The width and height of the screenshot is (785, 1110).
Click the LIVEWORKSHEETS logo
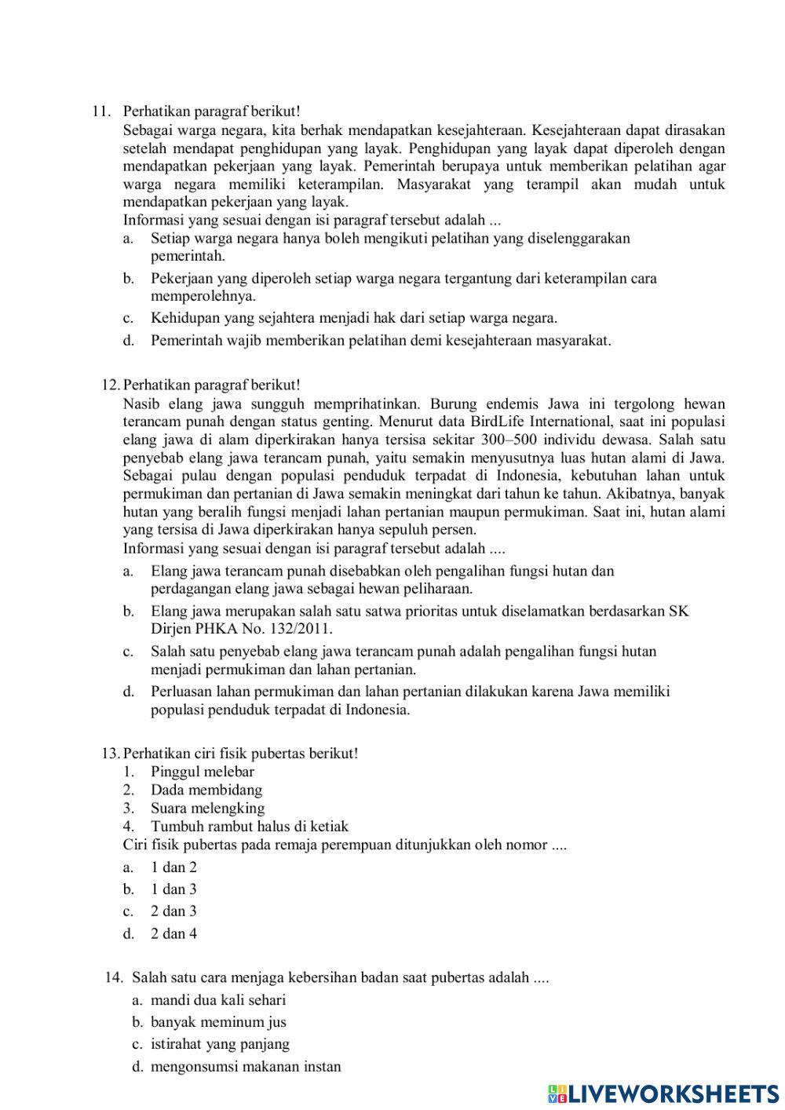(x=663, y=1093)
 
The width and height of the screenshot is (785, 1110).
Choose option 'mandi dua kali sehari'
(x=218, y=1000)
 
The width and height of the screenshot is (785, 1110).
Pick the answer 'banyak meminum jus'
(x=218, y=1022)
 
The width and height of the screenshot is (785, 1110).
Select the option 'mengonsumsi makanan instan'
(x=246, y=1066)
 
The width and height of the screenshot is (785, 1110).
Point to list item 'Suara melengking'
(x=207, y=808)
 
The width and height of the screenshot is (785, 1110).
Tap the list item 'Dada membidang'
(x=206, y=790)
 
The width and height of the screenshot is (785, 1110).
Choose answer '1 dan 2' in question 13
(x=173, y=867)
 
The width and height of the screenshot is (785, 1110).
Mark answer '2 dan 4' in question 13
(x=173, y=933)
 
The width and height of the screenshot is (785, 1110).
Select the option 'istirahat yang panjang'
(x=220, y=1044)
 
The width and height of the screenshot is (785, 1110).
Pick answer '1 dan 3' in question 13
(x=173, y=889)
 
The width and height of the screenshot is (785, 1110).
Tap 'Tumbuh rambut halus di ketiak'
(x=250, y=826)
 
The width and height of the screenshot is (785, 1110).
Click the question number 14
(x=115, y=978)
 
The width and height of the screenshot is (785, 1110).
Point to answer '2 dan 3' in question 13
(x=173, y=911)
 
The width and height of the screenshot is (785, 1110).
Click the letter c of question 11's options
(x=127, y=319)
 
